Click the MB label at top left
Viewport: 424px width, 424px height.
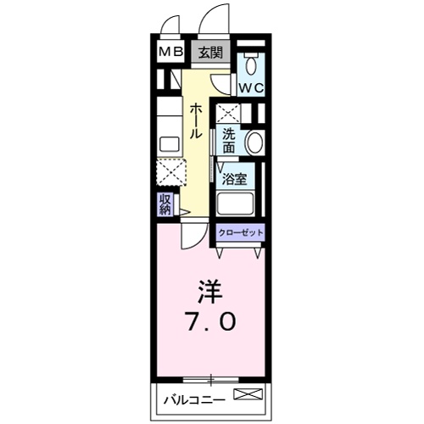(172, 52)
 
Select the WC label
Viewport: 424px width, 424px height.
(250, 87)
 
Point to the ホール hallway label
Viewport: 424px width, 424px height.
(195, 121)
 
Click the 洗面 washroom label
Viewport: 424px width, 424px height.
(230, 141)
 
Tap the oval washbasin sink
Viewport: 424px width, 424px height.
(254, 142)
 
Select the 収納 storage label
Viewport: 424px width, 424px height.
(165, 204)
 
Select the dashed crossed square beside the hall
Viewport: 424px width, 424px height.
(172, 172)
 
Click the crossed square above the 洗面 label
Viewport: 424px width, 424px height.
(227, 114)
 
